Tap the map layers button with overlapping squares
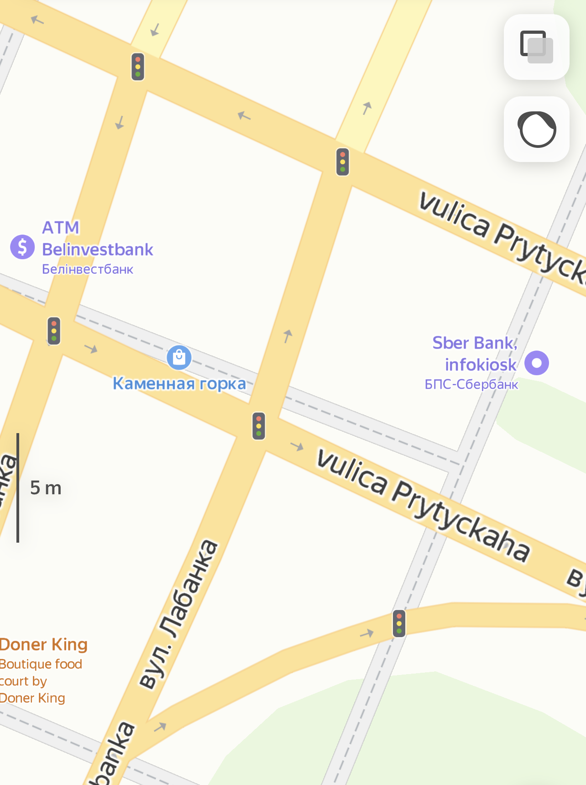(536, 47)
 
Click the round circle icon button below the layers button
(536, 129)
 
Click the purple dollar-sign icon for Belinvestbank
(22, 247)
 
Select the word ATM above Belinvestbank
(61, 227)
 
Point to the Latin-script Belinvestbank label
(98, 250)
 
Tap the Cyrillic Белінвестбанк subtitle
(88, 269)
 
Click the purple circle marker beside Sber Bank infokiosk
(536, 363)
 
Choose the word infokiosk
(481, 365)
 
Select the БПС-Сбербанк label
(471, 384)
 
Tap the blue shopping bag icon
(179, 357)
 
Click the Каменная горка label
(179, 383)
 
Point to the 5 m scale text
(46, 488)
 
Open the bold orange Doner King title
(44, 644)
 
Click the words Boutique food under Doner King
(41, 664)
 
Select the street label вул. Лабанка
(179, 614)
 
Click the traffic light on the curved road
(399, 623)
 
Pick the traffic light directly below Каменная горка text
(259, 426)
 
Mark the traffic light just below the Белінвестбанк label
(54, 331)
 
